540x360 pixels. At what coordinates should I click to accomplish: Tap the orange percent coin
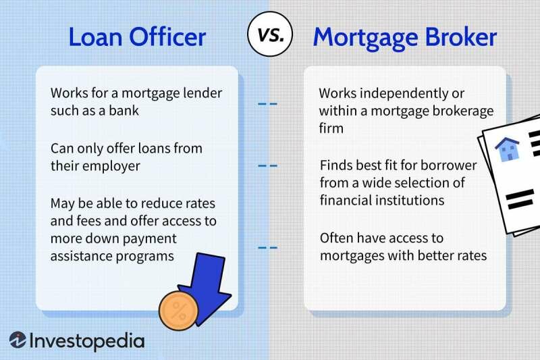click(179, 310)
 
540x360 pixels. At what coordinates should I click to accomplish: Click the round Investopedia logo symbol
click(18, 340)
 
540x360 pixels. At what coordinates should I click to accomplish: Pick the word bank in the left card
click(124, 111)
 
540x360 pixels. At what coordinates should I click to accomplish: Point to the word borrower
click(451, 165)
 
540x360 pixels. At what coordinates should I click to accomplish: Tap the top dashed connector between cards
click(268, 105)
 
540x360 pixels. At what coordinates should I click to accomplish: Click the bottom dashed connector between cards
click(268, 248)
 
